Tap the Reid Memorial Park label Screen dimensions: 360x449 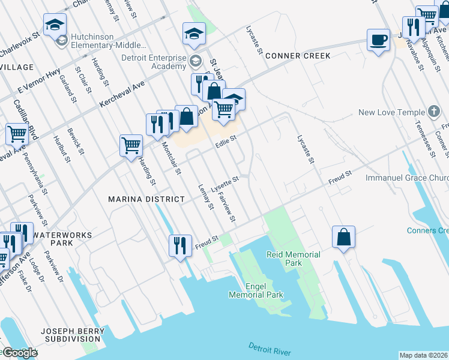coord(293,259)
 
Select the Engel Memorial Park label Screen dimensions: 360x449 coord(256,290)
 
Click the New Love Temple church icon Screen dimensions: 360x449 coord(434,112)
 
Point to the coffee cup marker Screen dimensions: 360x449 coord(378,40)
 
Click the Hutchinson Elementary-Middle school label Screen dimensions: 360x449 coord(107,41)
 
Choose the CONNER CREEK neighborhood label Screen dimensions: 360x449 coord(298,56)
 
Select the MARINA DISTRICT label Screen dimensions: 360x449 coord(146,199)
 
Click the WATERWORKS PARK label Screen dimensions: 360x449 coord(62,238)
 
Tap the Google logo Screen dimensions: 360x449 coord(19,352)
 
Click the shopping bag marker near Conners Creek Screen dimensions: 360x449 coord(343,237)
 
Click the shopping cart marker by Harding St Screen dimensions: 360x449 coord(131,145)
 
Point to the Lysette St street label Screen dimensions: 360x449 coord(224,180)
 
